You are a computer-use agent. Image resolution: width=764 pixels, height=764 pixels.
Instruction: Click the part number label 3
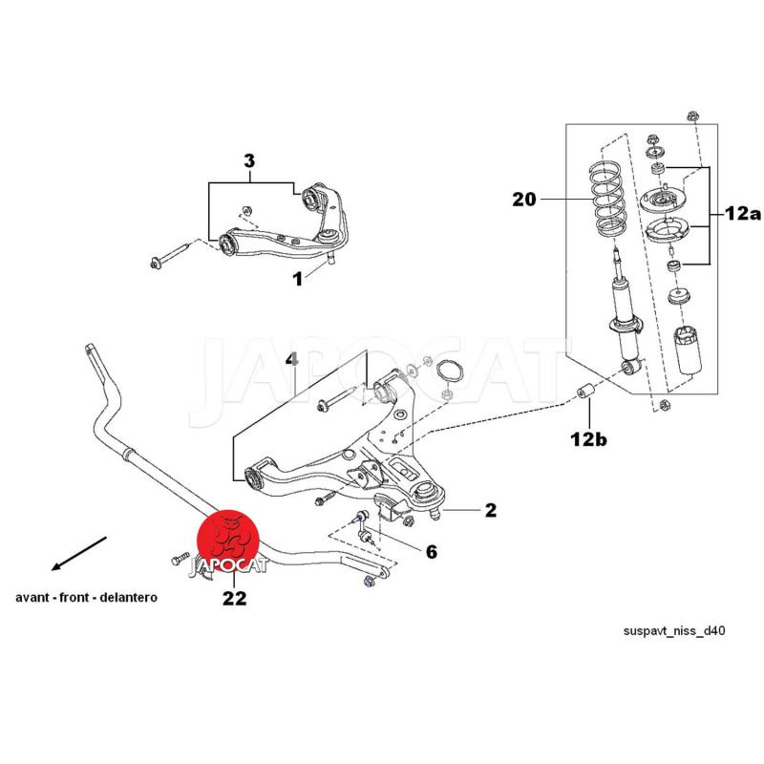click(249, 161)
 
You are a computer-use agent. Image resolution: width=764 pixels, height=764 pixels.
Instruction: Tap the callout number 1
click(297, 279)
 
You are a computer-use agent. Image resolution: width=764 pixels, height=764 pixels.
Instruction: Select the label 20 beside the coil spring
click(524, 200)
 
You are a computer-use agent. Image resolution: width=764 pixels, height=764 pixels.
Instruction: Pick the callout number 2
click(490, 510)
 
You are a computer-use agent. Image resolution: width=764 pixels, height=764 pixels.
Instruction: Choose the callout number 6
click(431, 551)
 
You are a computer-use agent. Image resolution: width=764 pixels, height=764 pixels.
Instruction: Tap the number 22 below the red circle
click(234, 599)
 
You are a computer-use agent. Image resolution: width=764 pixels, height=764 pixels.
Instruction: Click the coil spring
click(606, 203)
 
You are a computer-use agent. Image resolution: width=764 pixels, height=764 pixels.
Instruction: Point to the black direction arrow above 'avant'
click(80, 553)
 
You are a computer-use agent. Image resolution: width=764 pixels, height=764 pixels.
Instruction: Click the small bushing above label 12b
click(589, 393)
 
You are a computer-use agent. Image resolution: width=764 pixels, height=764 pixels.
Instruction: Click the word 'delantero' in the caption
click(132, 597)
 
